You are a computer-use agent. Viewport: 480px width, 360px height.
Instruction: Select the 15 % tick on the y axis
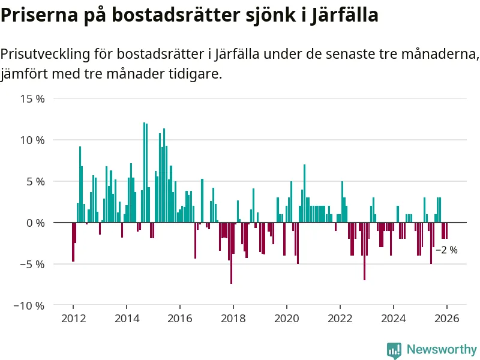coord(33,98)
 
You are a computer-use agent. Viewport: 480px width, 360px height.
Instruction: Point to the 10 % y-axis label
coord(33,140)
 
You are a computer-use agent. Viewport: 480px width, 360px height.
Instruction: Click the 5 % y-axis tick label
coord(35,181)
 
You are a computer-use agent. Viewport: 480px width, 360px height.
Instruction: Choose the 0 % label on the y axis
coord(35,223)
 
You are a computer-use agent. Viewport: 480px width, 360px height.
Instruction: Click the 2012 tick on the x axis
coord(73,318)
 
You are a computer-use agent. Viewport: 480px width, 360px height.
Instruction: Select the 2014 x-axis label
coord(126,318)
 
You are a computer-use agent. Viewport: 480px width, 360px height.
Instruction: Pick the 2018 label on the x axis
coord(233,318)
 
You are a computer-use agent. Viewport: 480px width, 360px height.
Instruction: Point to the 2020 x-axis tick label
coord(286,318)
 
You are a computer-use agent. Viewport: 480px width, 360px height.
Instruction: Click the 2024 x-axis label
coord(394,318)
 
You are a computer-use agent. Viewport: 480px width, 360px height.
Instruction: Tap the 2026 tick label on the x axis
coord(447,318)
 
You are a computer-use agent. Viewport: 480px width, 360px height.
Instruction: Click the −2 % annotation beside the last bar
coord(446,250)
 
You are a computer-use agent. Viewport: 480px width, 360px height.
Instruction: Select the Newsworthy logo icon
coord(394,350)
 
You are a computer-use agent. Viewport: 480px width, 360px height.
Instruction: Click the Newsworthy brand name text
coord(442,349)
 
